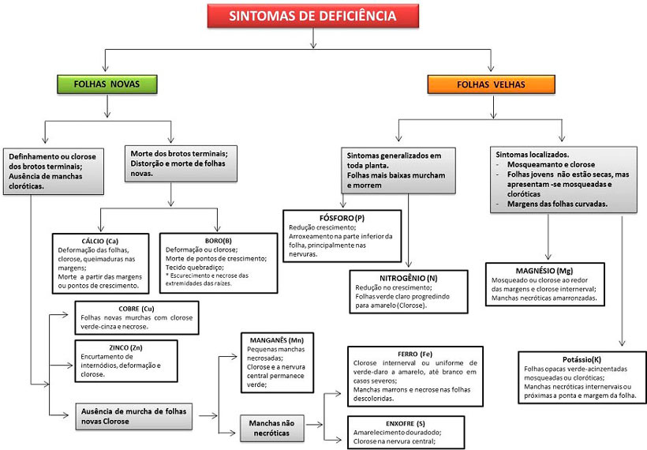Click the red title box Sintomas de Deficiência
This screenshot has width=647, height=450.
tap(312, 16)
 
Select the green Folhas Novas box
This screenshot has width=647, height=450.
tap(106, 84)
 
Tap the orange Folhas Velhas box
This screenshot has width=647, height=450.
tap(490, 84)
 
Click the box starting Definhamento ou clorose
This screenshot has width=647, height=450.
tap(54, 169)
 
